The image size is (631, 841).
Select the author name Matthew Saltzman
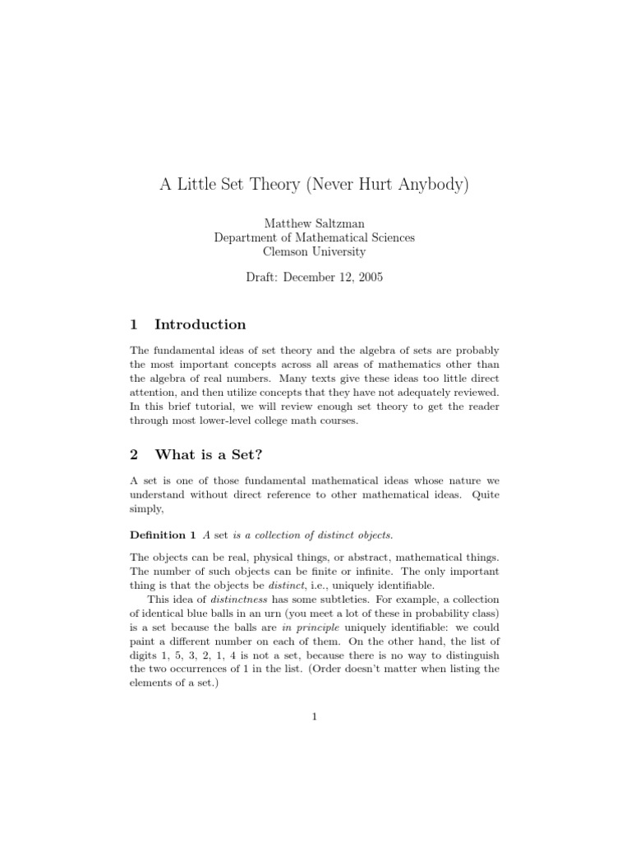click(315, 223)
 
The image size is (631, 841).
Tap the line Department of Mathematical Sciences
click(315, 237)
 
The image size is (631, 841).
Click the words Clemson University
click(315, 252)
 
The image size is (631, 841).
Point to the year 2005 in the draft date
click(368, 277)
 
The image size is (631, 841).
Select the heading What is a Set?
click(209, 454)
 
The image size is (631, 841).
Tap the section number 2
click(135, 454)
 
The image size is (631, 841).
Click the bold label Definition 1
click(163, 535)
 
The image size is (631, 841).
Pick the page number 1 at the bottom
click(315, 717)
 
